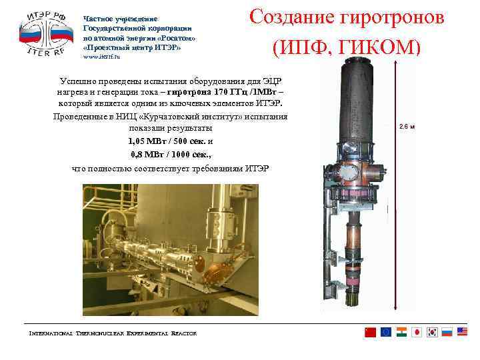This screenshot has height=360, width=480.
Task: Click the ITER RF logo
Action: [45, 33]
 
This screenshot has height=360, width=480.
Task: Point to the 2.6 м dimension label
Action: [407, 127]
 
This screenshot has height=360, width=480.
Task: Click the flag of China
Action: [371, 332]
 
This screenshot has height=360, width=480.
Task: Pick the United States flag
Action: [462, 332]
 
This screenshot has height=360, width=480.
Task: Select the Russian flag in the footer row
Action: [447, 332]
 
